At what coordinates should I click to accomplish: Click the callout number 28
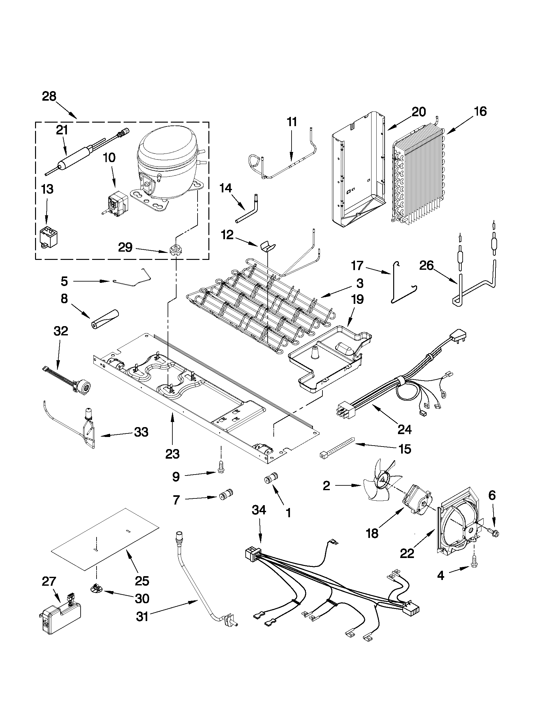click(49, 96)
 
